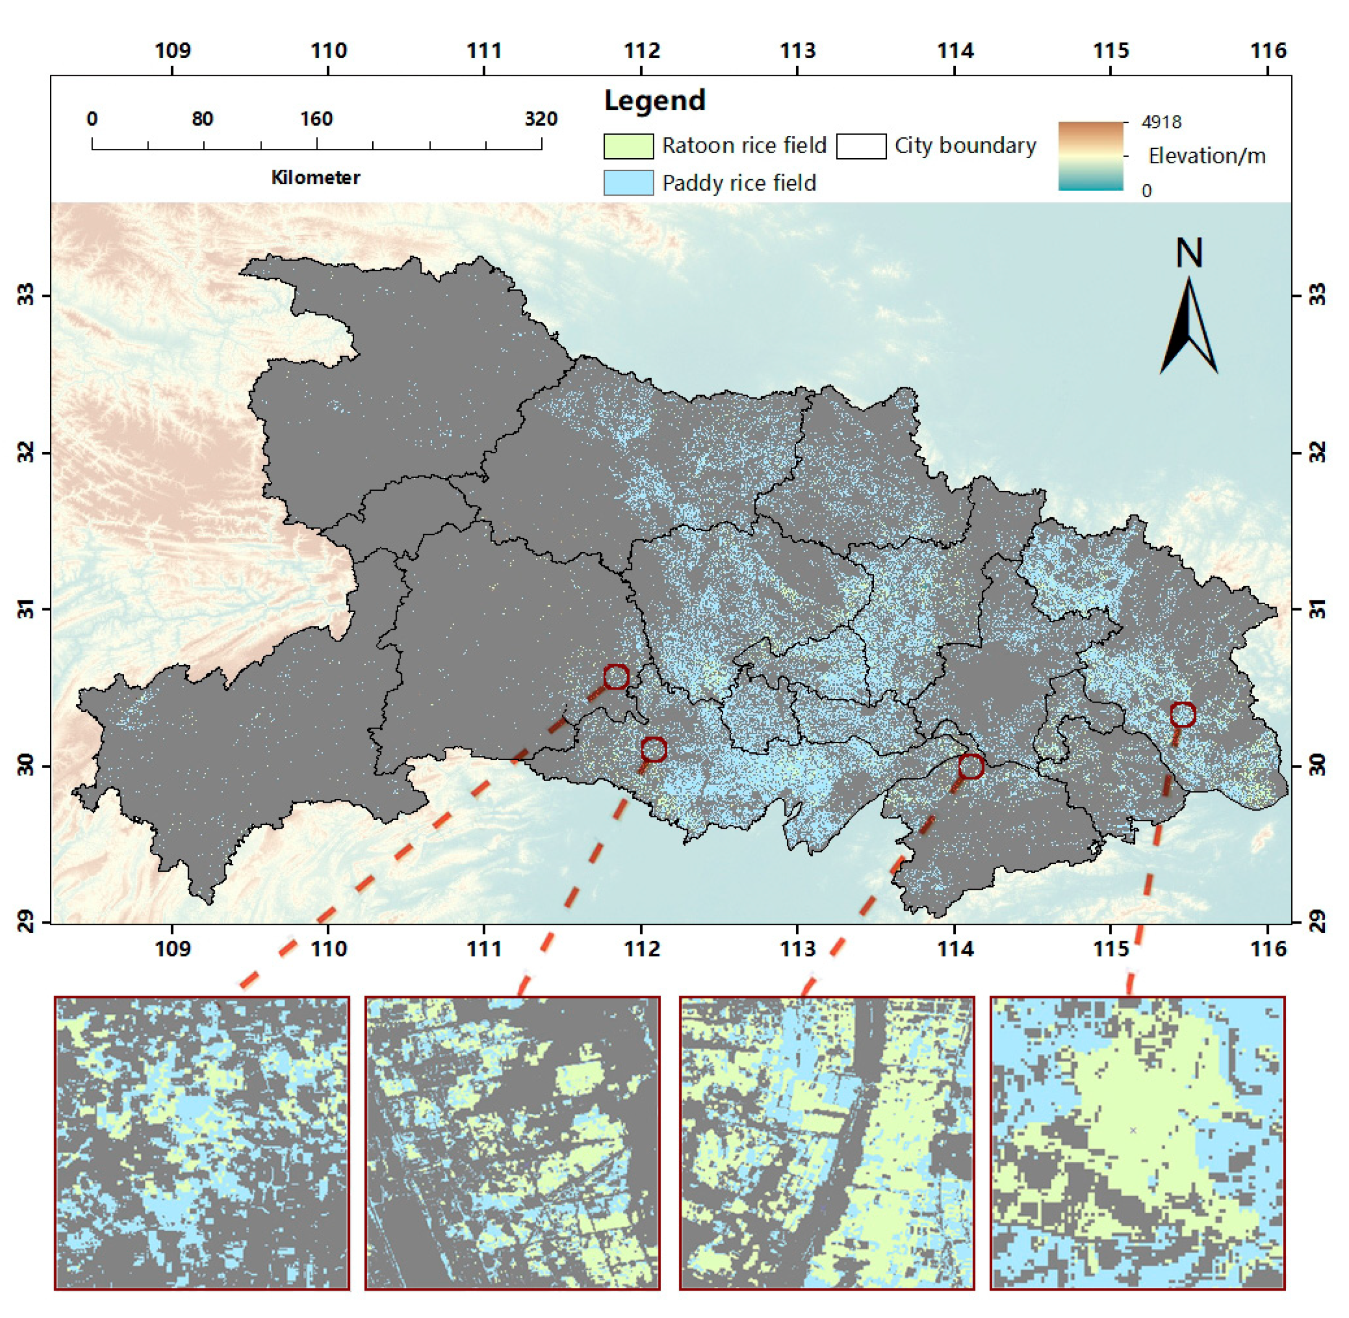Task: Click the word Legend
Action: pyautogui.click(x=654, y=101)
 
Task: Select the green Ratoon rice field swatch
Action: pyautogui.click(x=628, y=146)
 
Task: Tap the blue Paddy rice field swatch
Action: pyautogui.click(x=628, y=183)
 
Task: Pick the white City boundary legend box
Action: pyautogui.click(x=861, y=146)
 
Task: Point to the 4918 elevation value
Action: pyautogui.click(x=1161, y=122)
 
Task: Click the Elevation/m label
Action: pyautogui.click(x=1206, y=156)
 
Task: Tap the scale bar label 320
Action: pyautogui.click(x=541, y=119)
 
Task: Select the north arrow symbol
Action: pyautogui.click(x=1189, y=325)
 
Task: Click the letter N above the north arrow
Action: pyautogui.click(x=1189, y=254)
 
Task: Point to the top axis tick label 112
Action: pyautogui.click(x=642, y=51)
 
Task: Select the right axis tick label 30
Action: pyautogui.click(x=1317, y=766)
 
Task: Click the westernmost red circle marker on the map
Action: pyautogui.click(x=616, y=676)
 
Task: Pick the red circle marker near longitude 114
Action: pyautogui.click(x=971, y=766)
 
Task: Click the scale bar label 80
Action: pyautogui.click(x=202, y=119)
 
